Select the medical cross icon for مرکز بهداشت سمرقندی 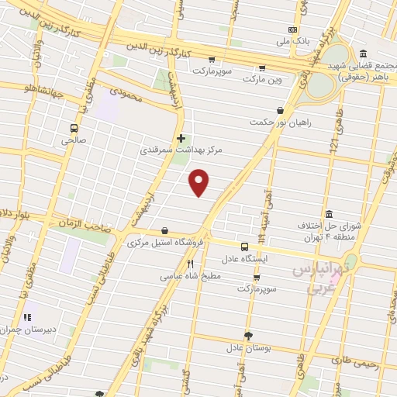point(181,139)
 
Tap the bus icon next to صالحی point(74,128)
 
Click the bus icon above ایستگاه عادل point(245,247)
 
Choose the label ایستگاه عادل point(245,258)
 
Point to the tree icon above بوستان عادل point(247,335)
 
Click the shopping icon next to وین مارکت point(262,68)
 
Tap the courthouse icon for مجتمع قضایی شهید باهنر point(363,54)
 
